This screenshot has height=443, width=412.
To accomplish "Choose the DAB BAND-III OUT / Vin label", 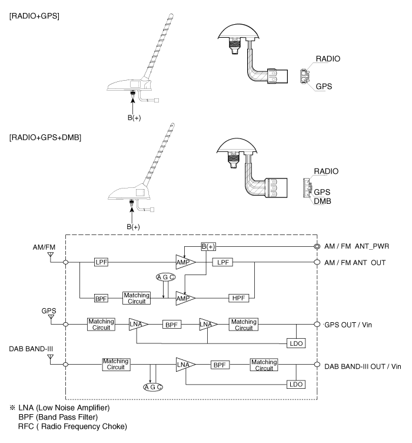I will (x=363, y=366).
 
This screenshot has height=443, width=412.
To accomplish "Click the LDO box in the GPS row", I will (x=295, y=343).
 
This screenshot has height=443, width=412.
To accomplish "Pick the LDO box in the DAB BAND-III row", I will (x=295, y=384).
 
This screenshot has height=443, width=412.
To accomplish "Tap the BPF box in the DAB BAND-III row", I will (x=220, y=365).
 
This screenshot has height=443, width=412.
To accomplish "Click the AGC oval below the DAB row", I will (x=153, y=387).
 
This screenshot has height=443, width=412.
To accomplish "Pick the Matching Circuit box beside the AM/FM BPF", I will (x=136, y=297).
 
